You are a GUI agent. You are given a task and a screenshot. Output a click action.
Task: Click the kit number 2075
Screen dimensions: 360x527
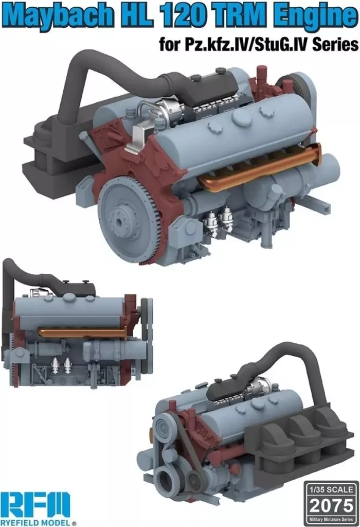(331, 505)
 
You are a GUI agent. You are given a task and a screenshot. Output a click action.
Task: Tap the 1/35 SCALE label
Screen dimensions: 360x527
(331, 489)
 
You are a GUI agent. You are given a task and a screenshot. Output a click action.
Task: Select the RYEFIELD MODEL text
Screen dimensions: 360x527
(38, 522)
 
